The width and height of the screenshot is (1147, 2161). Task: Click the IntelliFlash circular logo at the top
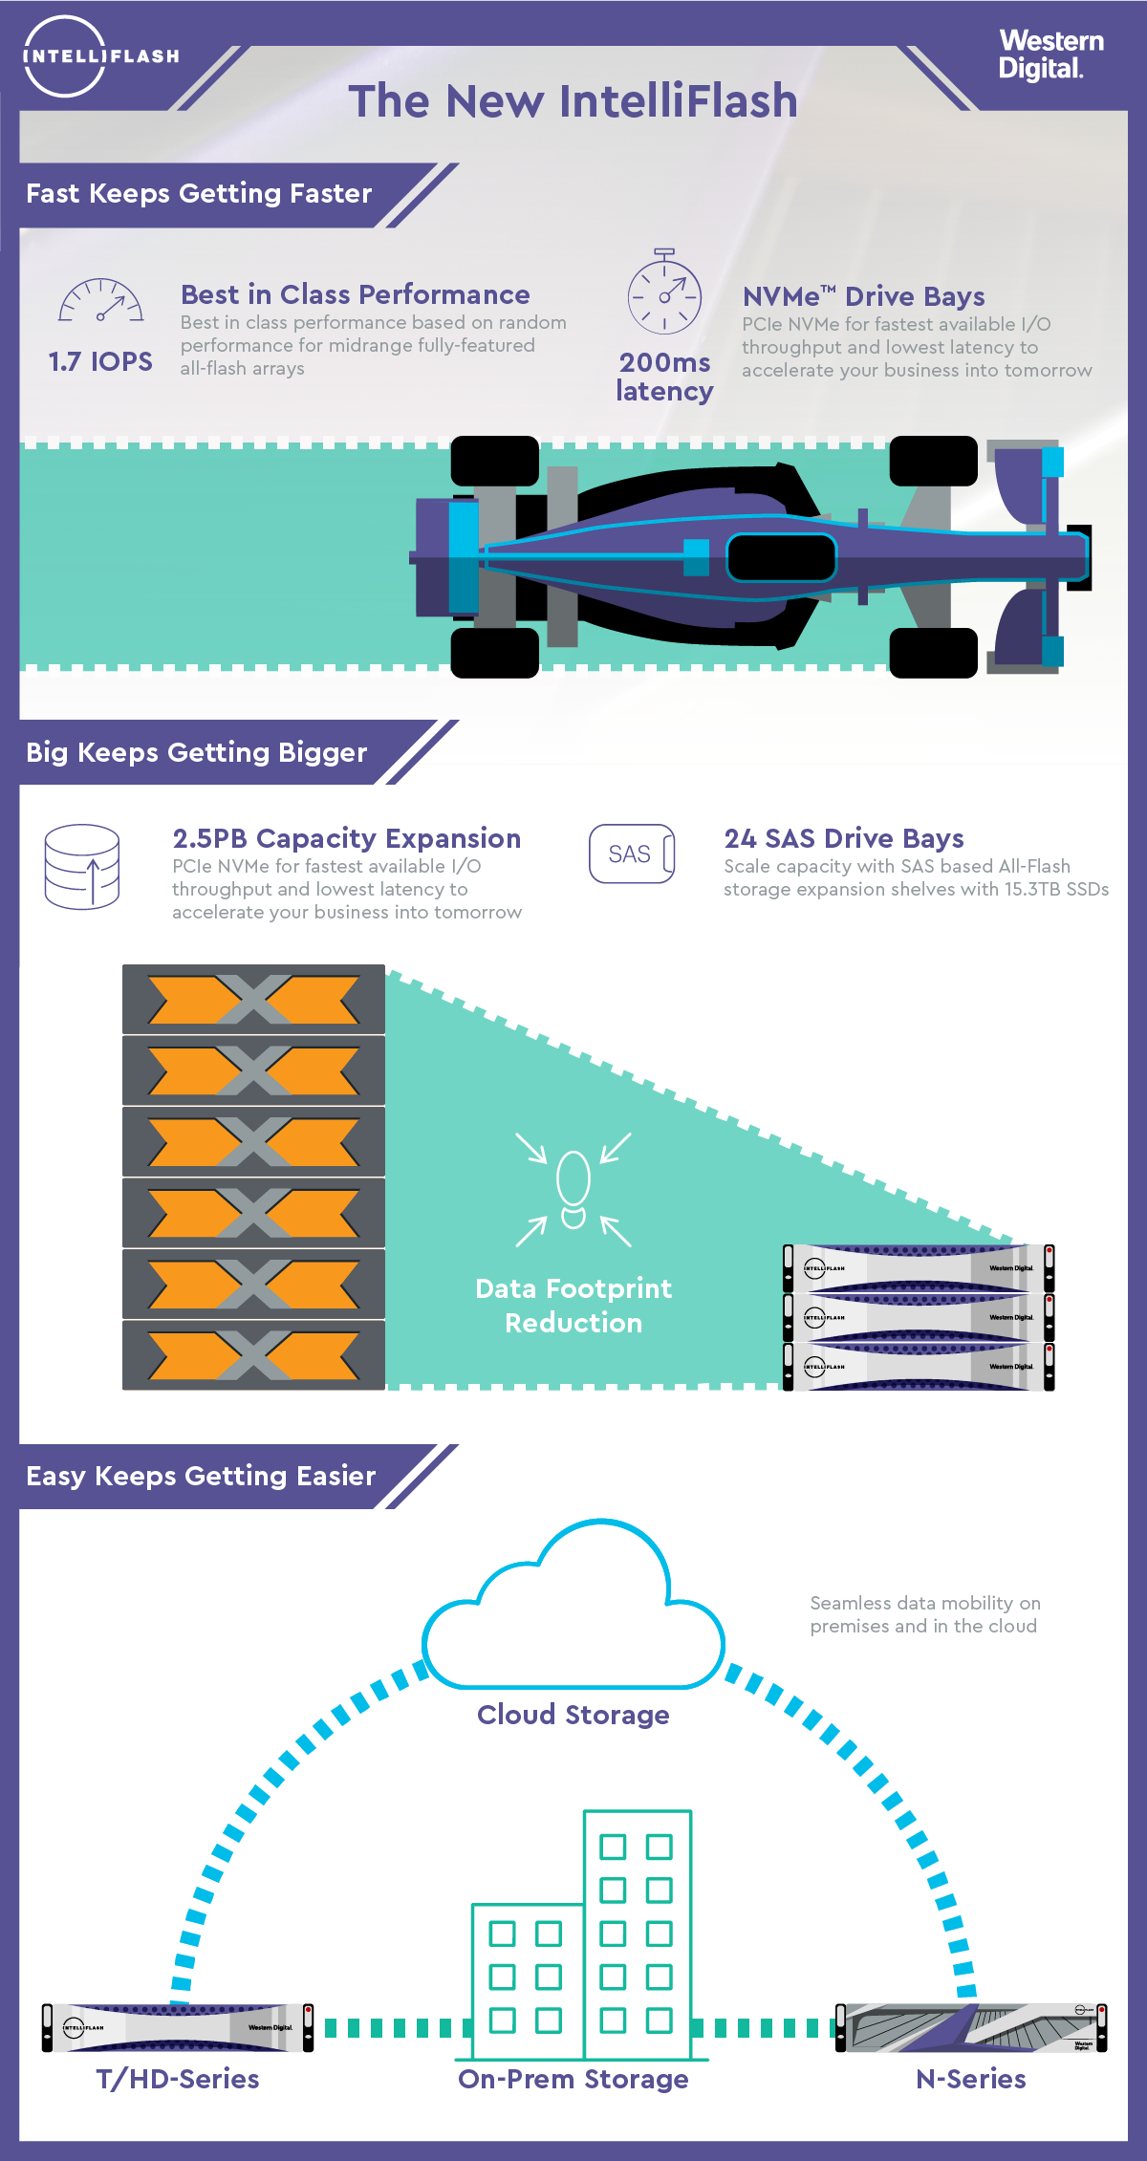(65, 56)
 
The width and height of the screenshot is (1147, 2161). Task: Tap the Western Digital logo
(1050, 54)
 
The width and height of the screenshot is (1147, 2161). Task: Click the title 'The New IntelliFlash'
(573, 101)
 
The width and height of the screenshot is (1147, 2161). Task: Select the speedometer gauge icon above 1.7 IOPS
(101, 301)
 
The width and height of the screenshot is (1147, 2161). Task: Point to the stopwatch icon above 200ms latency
(664, 292)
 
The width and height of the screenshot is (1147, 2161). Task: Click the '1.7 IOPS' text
(100, 361)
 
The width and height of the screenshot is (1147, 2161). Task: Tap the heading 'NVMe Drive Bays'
(863, 296)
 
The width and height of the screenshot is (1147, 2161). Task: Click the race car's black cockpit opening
(781, 557)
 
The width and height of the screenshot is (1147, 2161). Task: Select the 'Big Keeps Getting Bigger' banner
(197, 752)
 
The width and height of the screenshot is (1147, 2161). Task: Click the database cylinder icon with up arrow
(82, 866)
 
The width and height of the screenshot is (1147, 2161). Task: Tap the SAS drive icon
(632, 854)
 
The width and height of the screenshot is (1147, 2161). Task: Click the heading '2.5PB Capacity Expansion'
(346, 838)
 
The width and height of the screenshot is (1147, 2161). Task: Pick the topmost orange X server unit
(253, 1000)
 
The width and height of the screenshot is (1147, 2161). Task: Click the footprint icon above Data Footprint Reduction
(573, 1189)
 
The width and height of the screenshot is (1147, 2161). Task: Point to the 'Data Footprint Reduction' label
(573, 1306)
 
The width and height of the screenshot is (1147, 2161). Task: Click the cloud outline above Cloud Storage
(573, 1615)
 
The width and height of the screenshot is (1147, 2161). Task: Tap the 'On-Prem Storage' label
(573, 2080)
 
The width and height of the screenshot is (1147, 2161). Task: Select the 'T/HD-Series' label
(178, 2080)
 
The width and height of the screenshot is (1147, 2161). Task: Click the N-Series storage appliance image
(971, 2027)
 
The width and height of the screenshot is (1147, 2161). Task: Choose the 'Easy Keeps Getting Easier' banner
(201, 1476)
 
